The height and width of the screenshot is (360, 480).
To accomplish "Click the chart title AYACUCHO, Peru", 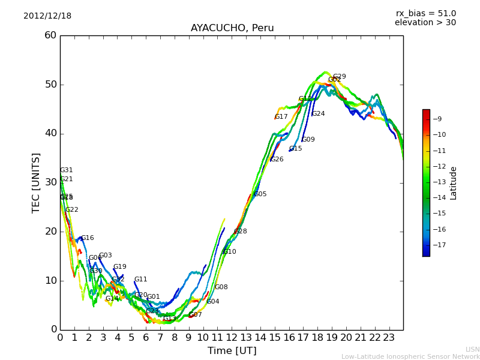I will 232,28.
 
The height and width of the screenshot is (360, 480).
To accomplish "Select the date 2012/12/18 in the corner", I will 47,16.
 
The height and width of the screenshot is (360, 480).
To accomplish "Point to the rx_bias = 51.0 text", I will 425,14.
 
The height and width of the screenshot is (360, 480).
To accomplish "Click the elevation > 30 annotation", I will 425,23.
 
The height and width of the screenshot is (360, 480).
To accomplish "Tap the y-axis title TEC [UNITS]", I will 37,182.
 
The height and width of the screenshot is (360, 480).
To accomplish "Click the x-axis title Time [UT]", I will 232,350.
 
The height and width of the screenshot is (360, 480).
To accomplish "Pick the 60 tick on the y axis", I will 50,35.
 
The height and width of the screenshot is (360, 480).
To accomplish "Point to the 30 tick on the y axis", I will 50,182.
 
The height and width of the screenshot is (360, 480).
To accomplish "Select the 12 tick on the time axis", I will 232,338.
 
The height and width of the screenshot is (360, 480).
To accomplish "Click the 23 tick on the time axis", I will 389,338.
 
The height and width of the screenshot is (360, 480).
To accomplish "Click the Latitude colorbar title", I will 454,182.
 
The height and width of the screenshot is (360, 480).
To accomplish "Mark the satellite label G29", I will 339,77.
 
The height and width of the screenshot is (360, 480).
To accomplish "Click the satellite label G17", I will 281,117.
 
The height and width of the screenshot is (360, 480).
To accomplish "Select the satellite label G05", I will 260,194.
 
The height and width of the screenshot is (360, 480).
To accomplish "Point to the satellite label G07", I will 195,315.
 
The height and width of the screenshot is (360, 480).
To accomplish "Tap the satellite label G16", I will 87,238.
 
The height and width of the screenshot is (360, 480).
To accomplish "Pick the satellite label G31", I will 66,170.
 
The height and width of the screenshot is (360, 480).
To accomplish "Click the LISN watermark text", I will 472,349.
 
